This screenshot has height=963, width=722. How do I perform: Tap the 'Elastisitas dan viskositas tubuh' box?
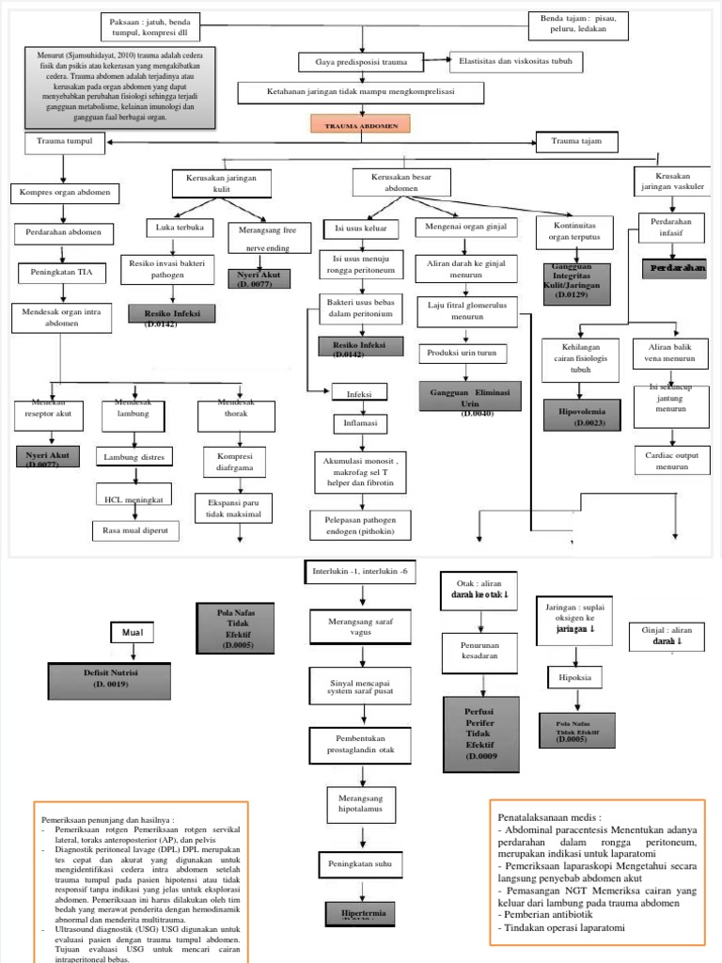coord(516,62)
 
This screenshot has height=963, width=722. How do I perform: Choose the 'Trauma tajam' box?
coord(577,142)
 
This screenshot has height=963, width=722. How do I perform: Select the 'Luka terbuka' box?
coord(172,228)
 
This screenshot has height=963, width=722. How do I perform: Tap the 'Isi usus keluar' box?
coord(361,229)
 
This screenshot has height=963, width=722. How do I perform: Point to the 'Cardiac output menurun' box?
coord(671,460)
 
